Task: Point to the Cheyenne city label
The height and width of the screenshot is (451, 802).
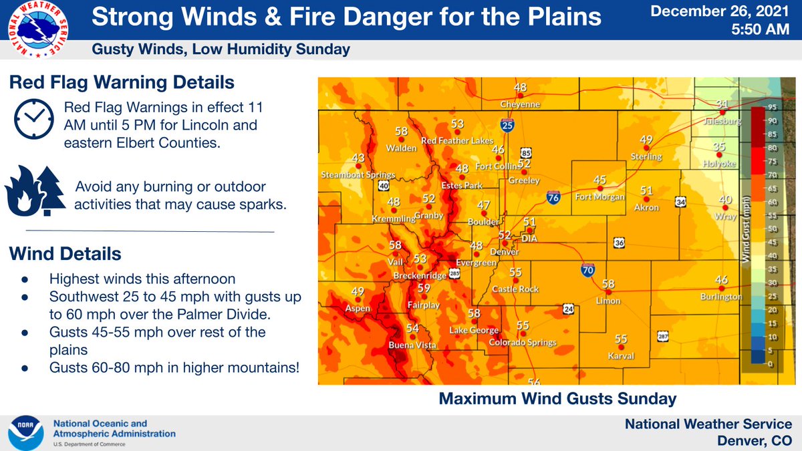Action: pos(519,105)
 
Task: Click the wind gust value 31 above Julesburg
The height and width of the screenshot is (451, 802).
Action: pos(722,104)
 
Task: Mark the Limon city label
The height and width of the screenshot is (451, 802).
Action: pos(608,301)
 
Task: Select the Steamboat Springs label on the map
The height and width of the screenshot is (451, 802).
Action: pos(358,175)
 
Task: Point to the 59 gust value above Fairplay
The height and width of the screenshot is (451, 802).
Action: pos(424,288)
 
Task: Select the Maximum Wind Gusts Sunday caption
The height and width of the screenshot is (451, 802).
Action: pos(557,399)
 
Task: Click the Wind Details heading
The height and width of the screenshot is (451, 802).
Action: pos(65,255)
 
